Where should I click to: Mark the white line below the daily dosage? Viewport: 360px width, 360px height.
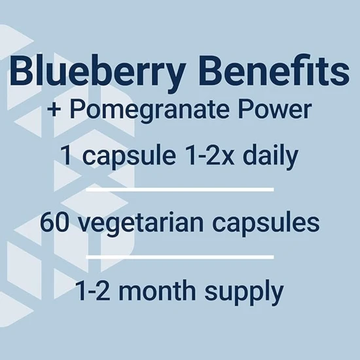tap(179, 189)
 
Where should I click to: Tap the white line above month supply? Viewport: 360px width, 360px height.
tap(179, 257)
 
